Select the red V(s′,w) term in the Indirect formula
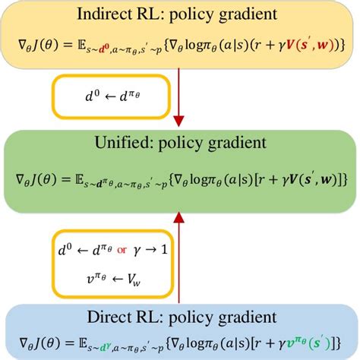(x=308, y=45)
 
